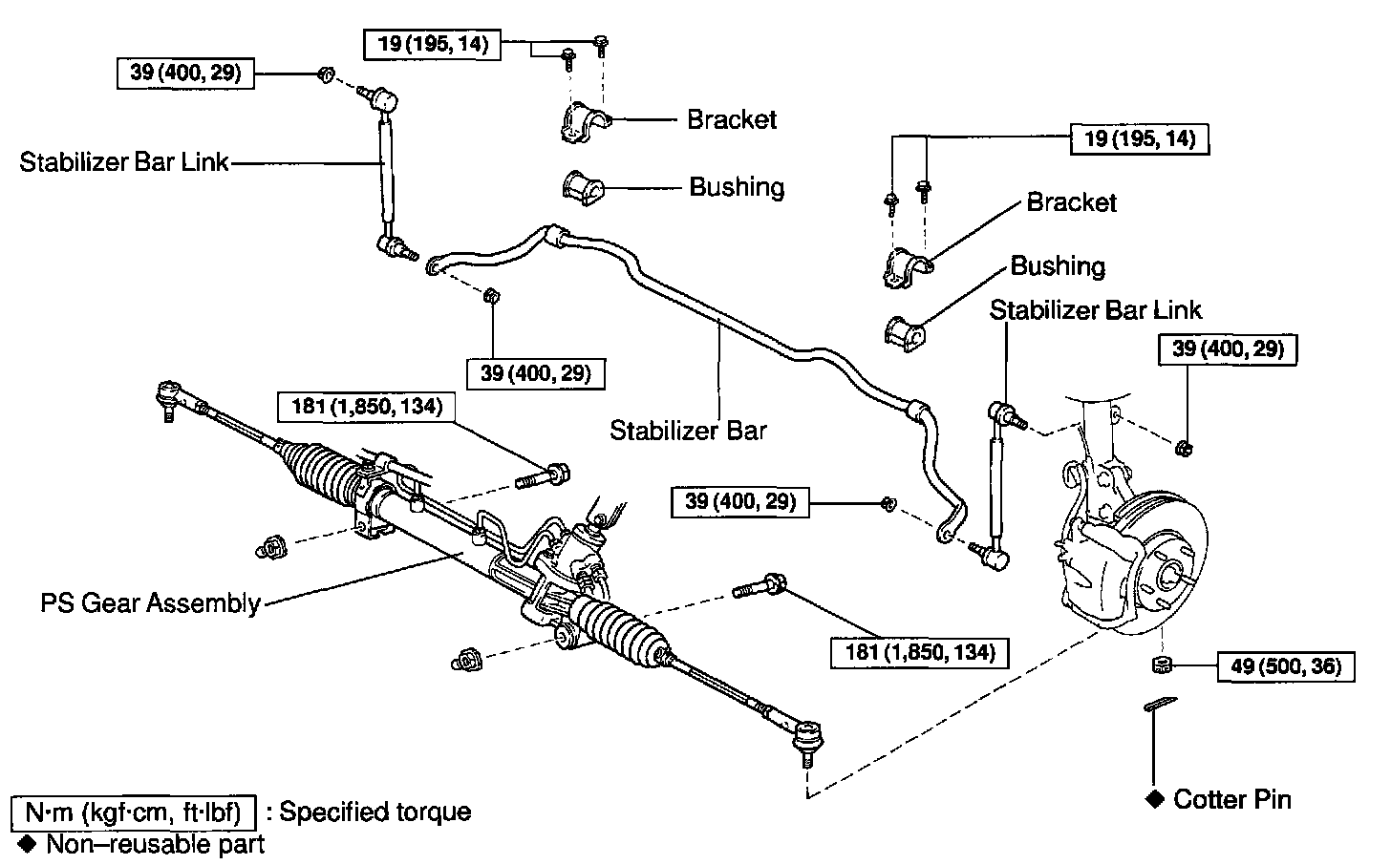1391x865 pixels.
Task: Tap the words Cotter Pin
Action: tap(1231, 799)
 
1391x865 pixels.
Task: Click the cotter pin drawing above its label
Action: tap(1158, 705)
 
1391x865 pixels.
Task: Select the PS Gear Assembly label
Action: tap(150, 603)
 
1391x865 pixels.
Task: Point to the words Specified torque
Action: tap(375, 812)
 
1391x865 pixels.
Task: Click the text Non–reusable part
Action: tap(156, 844)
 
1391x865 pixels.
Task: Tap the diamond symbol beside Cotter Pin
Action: tap(1154, 799)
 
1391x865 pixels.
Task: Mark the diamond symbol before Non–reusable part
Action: tap(27, 844)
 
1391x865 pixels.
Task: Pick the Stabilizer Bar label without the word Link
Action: tap(688, 431)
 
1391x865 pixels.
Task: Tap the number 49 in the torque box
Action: tap(1243, 666)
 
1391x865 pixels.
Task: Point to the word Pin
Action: tap(1271, 799)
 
